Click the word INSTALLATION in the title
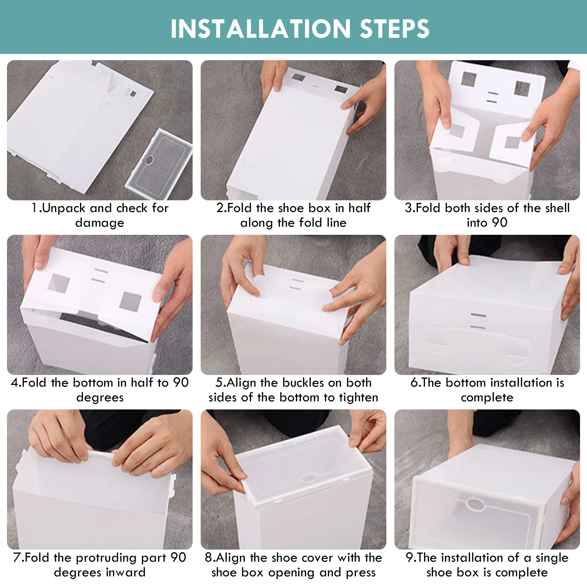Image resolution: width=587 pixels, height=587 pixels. (x=261, y=29)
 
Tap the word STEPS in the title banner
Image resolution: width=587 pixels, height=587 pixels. (x=395, y=29)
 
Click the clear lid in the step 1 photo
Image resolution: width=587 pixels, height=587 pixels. (x=159, y=159)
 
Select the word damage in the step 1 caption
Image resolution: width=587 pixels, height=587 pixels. (x=100, y=223)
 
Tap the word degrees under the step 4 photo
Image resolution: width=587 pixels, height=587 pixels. (x=100, y=397)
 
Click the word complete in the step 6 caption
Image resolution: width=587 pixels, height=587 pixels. (x=487, y=397)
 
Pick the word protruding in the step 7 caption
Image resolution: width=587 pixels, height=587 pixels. (x=107, y=558)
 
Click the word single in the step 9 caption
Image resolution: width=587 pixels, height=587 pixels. (x=552, y=558)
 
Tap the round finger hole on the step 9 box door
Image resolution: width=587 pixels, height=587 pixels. (x=475, y=504)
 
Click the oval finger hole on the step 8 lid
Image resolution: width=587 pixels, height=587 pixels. (x=309, y=478)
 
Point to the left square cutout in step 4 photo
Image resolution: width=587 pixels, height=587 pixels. (x=59, y=283)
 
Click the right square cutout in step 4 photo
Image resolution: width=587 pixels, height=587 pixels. (x=130, y=302)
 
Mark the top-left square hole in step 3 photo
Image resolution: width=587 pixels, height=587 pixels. (x=469, y=79)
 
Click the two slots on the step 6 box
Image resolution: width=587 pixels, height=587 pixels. (x=478, y=321)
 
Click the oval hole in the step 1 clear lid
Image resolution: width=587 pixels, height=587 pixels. (x=149, y=160)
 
